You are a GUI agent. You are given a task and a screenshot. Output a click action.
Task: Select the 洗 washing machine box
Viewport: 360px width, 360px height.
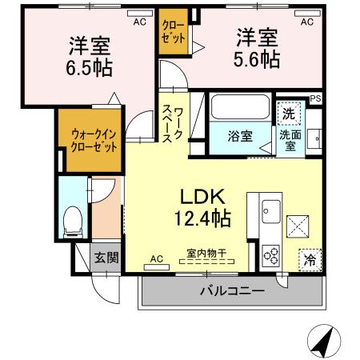point(289,113)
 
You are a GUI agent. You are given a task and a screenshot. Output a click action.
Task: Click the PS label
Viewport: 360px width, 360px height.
point(316,99)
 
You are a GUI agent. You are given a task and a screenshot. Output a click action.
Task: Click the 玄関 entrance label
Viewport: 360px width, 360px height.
point(103,257)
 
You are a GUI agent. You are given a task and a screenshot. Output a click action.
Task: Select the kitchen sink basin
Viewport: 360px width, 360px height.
point(267,211)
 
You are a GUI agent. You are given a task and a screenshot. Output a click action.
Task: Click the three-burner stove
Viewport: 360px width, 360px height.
point(270,255)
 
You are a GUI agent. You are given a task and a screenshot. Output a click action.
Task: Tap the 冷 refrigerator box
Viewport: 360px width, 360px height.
point(309,259)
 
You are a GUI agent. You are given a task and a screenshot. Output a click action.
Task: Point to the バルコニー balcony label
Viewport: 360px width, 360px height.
point(232,291)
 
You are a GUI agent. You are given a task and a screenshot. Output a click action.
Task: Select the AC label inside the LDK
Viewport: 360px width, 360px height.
point(156,258)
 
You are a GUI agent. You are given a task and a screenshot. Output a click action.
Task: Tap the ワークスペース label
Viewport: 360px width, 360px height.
point(174,124)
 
